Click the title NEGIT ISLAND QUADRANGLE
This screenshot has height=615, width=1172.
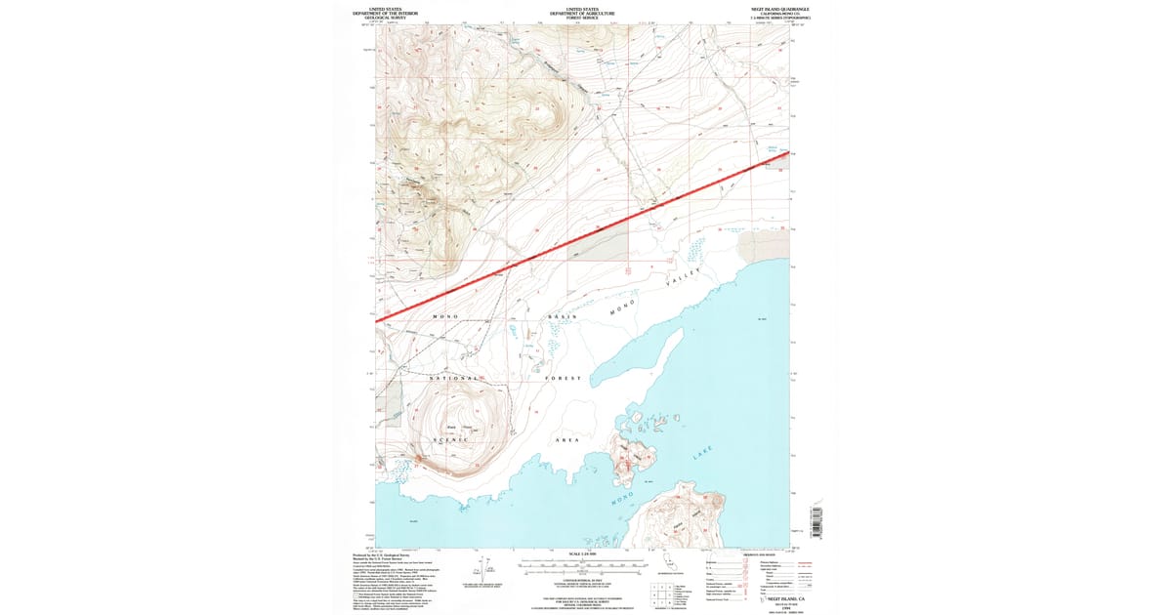[758, 8]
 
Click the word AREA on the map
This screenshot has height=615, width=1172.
[566, 440]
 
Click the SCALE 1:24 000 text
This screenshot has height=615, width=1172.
[572, 556]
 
